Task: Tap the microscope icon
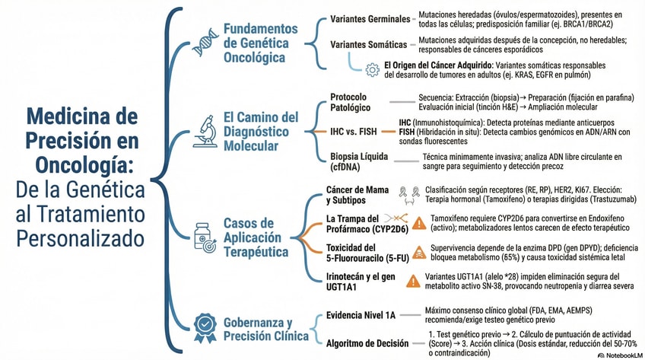205,131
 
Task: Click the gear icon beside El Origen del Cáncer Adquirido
373,69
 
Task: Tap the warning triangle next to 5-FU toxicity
417,252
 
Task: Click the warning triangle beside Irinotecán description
412,280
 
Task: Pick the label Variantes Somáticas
369,45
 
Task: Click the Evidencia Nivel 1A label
361,315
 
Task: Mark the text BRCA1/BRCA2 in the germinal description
585,24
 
